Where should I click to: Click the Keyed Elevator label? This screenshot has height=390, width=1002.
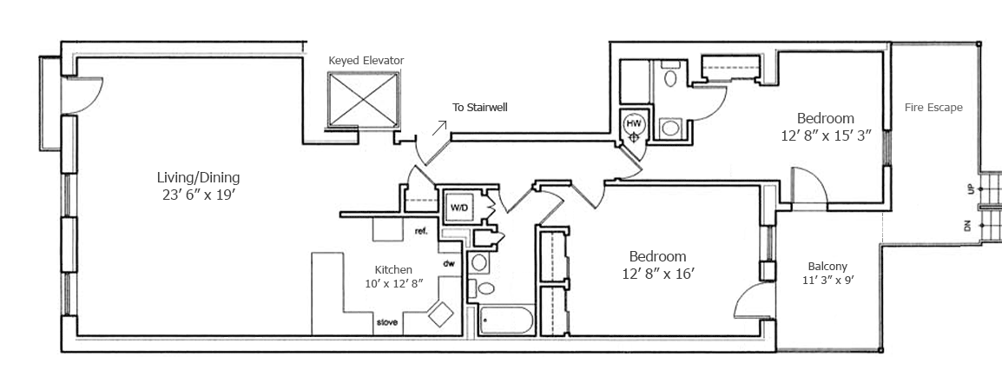[366, 60]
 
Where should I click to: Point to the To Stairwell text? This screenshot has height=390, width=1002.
[479, 108]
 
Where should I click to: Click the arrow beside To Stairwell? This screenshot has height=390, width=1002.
[440, 129]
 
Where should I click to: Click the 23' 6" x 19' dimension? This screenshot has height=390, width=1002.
[193, 195]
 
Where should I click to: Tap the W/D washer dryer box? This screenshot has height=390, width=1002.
[458, 208]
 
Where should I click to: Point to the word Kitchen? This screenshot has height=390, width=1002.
[393, 269]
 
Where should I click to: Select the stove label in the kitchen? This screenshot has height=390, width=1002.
[387, 322]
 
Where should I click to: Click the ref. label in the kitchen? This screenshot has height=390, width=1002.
[422, 231]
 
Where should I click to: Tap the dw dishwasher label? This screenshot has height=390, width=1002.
[450, 263]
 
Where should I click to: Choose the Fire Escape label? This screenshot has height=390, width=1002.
[933, 108]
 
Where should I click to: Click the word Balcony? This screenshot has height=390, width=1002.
[827, 267]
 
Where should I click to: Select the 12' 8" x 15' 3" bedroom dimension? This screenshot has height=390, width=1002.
[825, 136]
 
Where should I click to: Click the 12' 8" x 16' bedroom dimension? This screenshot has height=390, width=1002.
[657, 274]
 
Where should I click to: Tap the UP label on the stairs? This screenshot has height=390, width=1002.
[970, 188]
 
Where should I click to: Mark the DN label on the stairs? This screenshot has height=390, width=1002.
[967, 227]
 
